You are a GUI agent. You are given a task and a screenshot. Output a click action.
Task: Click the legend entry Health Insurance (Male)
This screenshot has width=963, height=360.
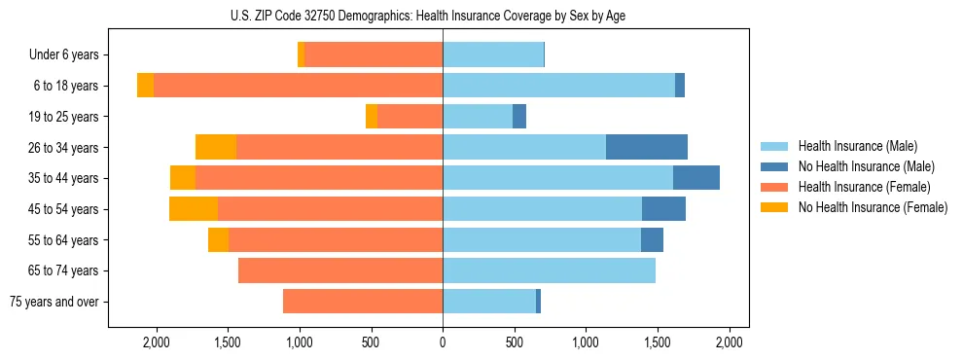[857, 146]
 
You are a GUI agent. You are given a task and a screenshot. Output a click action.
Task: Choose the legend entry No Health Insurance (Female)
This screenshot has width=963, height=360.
[873, 207]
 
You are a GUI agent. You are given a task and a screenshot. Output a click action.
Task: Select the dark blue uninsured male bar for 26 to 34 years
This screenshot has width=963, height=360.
[647, 148]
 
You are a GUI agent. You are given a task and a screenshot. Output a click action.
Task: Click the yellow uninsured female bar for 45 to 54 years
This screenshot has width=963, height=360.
[194, 209]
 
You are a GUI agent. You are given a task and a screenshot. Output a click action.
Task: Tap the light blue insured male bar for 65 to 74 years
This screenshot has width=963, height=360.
[549, 270]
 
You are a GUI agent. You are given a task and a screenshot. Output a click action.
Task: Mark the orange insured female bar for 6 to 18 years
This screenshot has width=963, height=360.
[298, 86]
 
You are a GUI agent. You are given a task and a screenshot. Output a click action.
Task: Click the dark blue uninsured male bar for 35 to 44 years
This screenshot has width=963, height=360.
[696, 178]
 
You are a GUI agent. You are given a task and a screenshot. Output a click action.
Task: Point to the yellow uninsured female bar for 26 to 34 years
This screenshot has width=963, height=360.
[216, 148]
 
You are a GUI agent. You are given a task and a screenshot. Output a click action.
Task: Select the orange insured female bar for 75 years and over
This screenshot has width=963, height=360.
[363, 302]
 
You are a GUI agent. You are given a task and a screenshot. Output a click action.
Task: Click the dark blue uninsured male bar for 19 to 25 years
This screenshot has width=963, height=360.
[519, 117]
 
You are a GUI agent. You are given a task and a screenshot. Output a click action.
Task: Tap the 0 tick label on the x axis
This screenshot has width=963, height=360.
[443, 342]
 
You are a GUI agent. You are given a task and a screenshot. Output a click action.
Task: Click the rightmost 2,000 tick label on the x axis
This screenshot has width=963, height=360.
[730, 342]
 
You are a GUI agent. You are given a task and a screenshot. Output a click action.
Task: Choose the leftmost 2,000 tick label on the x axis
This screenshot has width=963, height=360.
[156, 342]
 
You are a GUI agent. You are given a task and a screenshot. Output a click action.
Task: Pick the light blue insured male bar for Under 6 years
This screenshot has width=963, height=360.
[493, 55]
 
